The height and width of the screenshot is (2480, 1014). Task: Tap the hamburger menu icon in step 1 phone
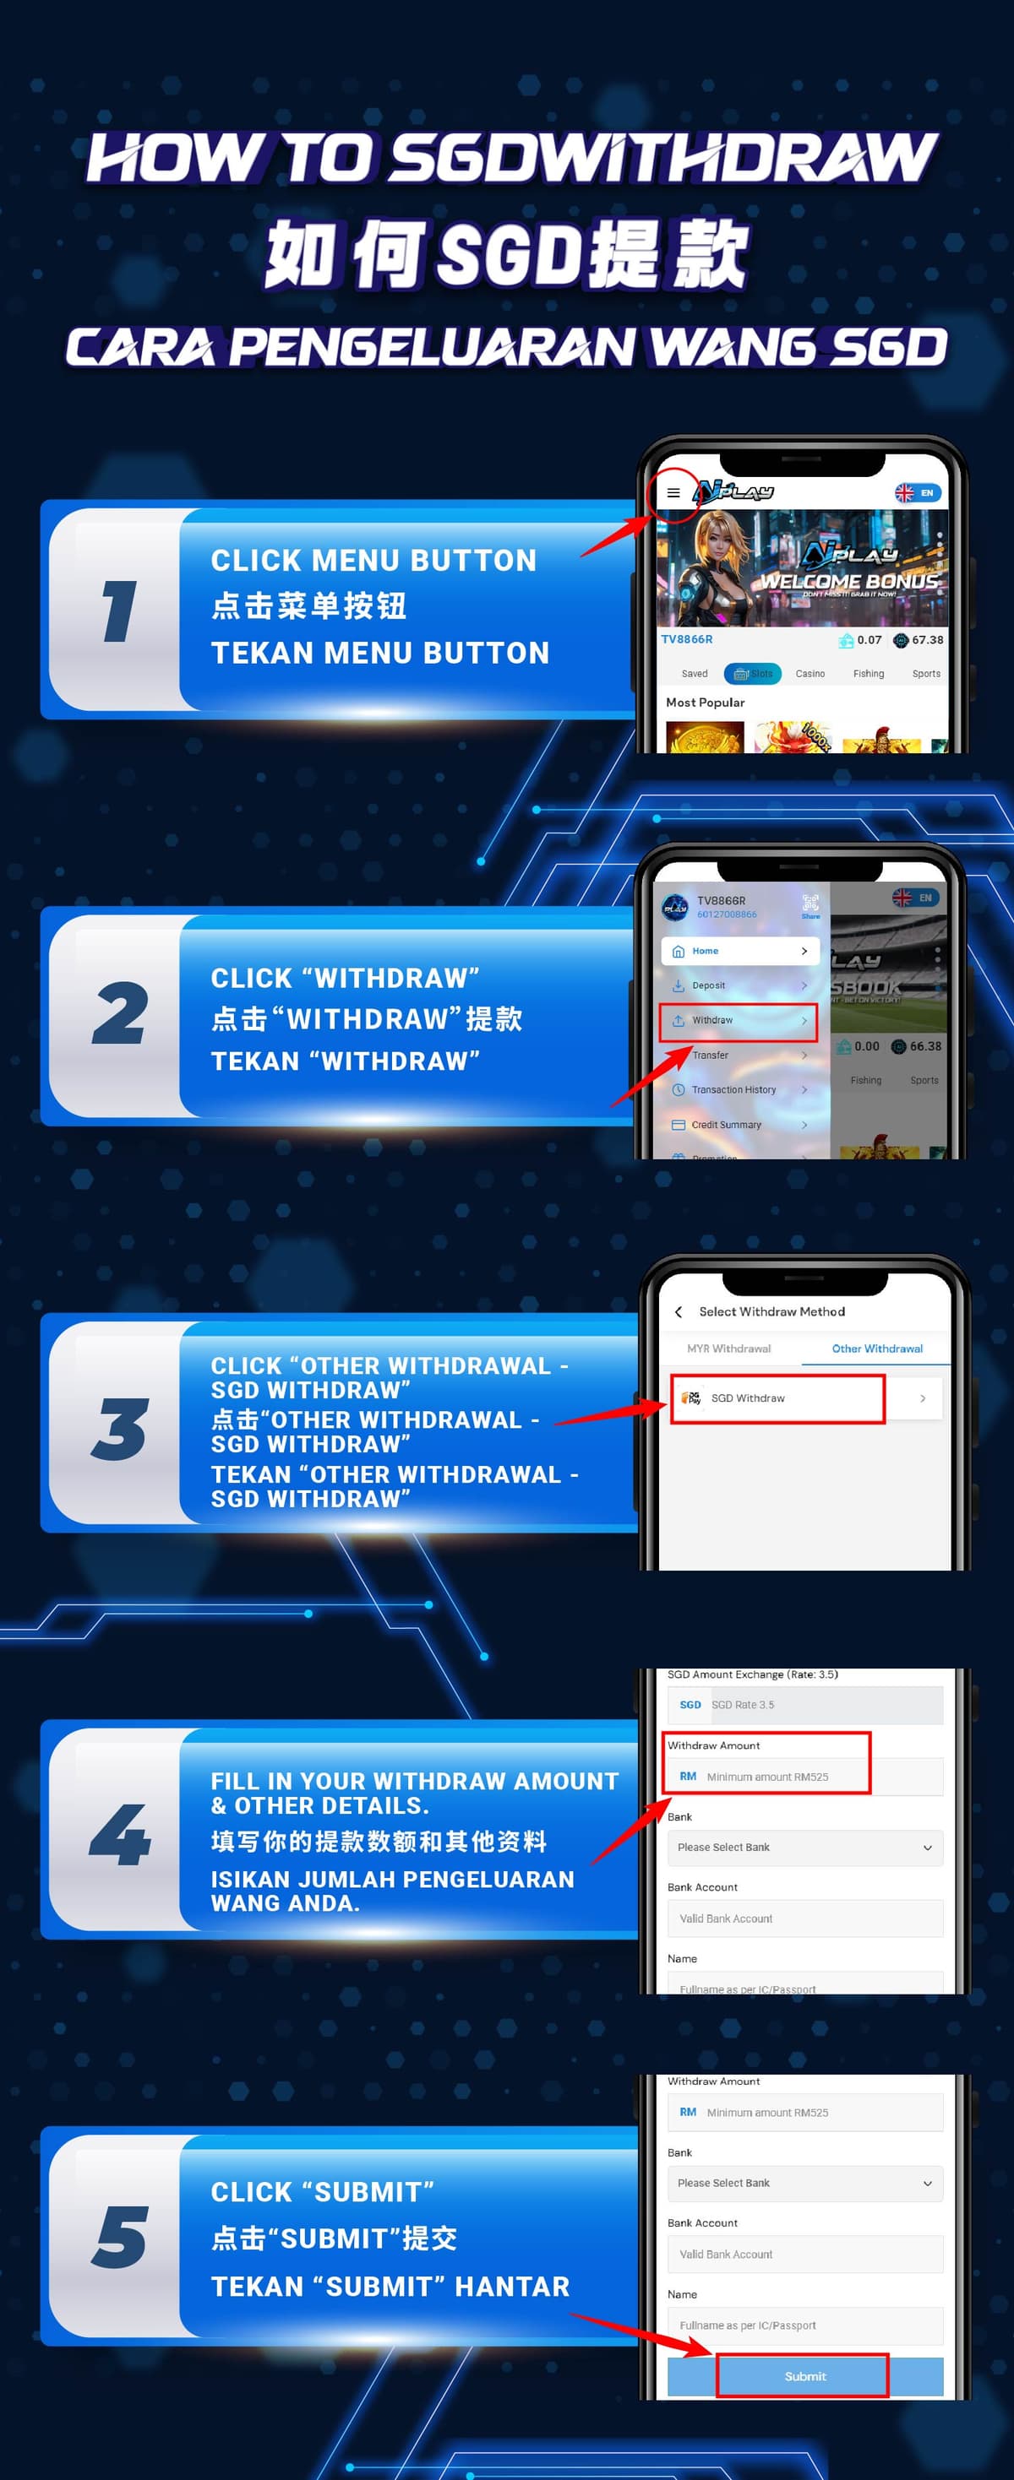pyautogui.click(x=673, y=493)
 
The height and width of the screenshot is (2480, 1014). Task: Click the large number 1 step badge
pyautogui.click(x=119, y=611)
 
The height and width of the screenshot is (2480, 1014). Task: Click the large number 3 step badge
pyautogui.click(x=119, y=1429)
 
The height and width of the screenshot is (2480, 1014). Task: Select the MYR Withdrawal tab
pyautogui.click(x=729, y=1349)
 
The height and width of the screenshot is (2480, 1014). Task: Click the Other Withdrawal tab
pyautogui.click(x=876, y=1349)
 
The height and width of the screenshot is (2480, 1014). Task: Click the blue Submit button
pyautogui.click(x=804, y=2376)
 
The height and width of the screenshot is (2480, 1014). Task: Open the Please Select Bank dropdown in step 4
pyautogui.click(x=804, y=1848)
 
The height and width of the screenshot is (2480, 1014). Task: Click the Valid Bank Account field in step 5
pyautogui.click(x=804, y=2254)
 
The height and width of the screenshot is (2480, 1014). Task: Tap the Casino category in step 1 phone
pyautogui.click(x=810, y=674)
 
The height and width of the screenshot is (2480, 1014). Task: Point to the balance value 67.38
pyautogui.click(x=926, y=640)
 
